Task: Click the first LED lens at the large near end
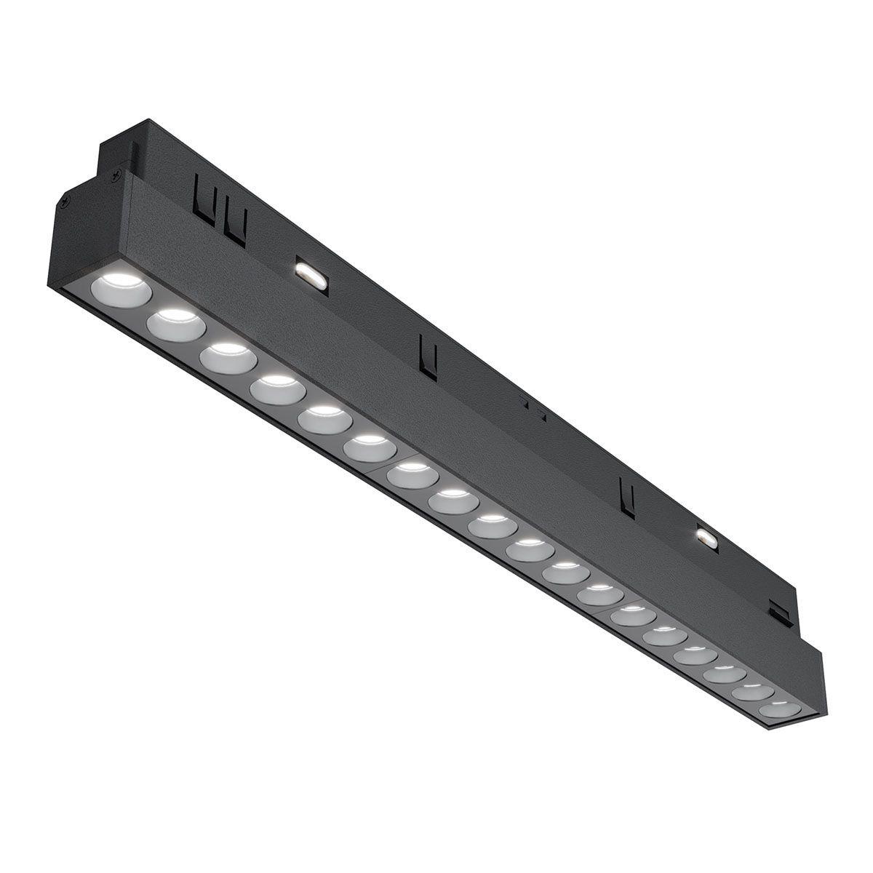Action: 121,290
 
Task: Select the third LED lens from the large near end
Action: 228,356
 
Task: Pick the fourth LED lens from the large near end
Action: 277,388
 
